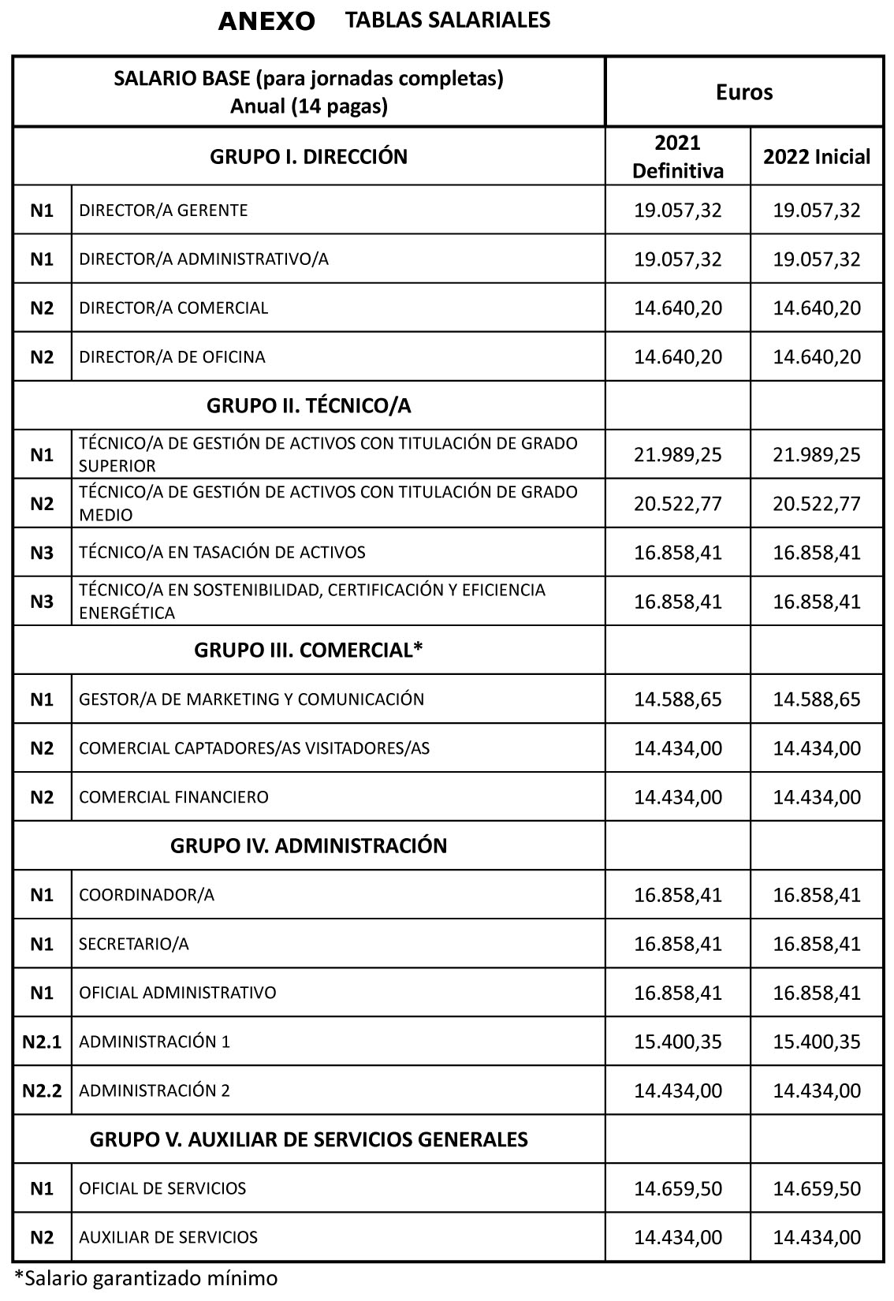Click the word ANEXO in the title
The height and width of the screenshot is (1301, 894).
pyautogui.click(x=266, y=21)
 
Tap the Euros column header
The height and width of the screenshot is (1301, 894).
pyautogui.click(x=743, y=92)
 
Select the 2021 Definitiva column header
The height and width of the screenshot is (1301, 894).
pyautogui.click(x=677, y=156)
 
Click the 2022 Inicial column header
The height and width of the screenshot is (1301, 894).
pyautogui.click(x=816, y=156)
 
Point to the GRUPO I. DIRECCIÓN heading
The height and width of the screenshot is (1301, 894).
pyautogui.click(x=308, y=156)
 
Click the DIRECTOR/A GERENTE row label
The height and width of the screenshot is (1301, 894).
pyautogui.click(x=163, y=210)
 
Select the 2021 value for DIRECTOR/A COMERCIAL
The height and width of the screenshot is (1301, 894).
pyautogui.click(x=677, y=308)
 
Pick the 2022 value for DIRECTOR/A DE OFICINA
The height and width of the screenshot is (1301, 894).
pyautogui.click(x=816, y=356)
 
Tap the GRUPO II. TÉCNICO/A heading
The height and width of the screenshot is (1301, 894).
pyautogui.click(x=308, y=405)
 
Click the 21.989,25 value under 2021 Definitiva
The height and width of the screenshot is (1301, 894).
pyautogui.click(x=677, y=455)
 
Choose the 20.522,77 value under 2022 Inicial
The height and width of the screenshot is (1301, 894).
pyautogui.click(x=816, y=503)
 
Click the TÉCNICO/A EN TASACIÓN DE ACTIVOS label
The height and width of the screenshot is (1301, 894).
pyautogui.click(x=222, y=552)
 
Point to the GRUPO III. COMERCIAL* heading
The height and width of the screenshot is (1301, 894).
pyautogui.click(x=308, y=650)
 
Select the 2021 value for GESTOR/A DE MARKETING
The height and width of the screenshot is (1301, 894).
pyautogui.click(x=677, y=699)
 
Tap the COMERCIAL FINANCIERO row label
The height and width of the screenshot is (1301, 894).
pyautogui.click(x=173, y=796)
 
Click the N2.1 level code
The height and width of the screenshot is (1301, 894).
pyautogui.click(x=42, y=1042)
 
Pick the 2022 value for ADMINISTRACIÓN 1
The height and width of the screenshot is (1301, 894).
pyautogui.click(x=816, y=1042)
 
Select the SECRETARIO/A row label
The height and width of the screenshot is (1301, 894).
pyautogui.click(x=134, y=944)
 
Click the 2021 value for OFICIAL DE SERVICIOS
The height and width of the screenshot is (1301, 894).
pyautogui.click(x=677, y=1188)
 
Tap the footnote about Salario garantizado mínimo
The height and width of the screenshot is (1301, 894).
pyautogui.click(x=146, y=1278)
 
